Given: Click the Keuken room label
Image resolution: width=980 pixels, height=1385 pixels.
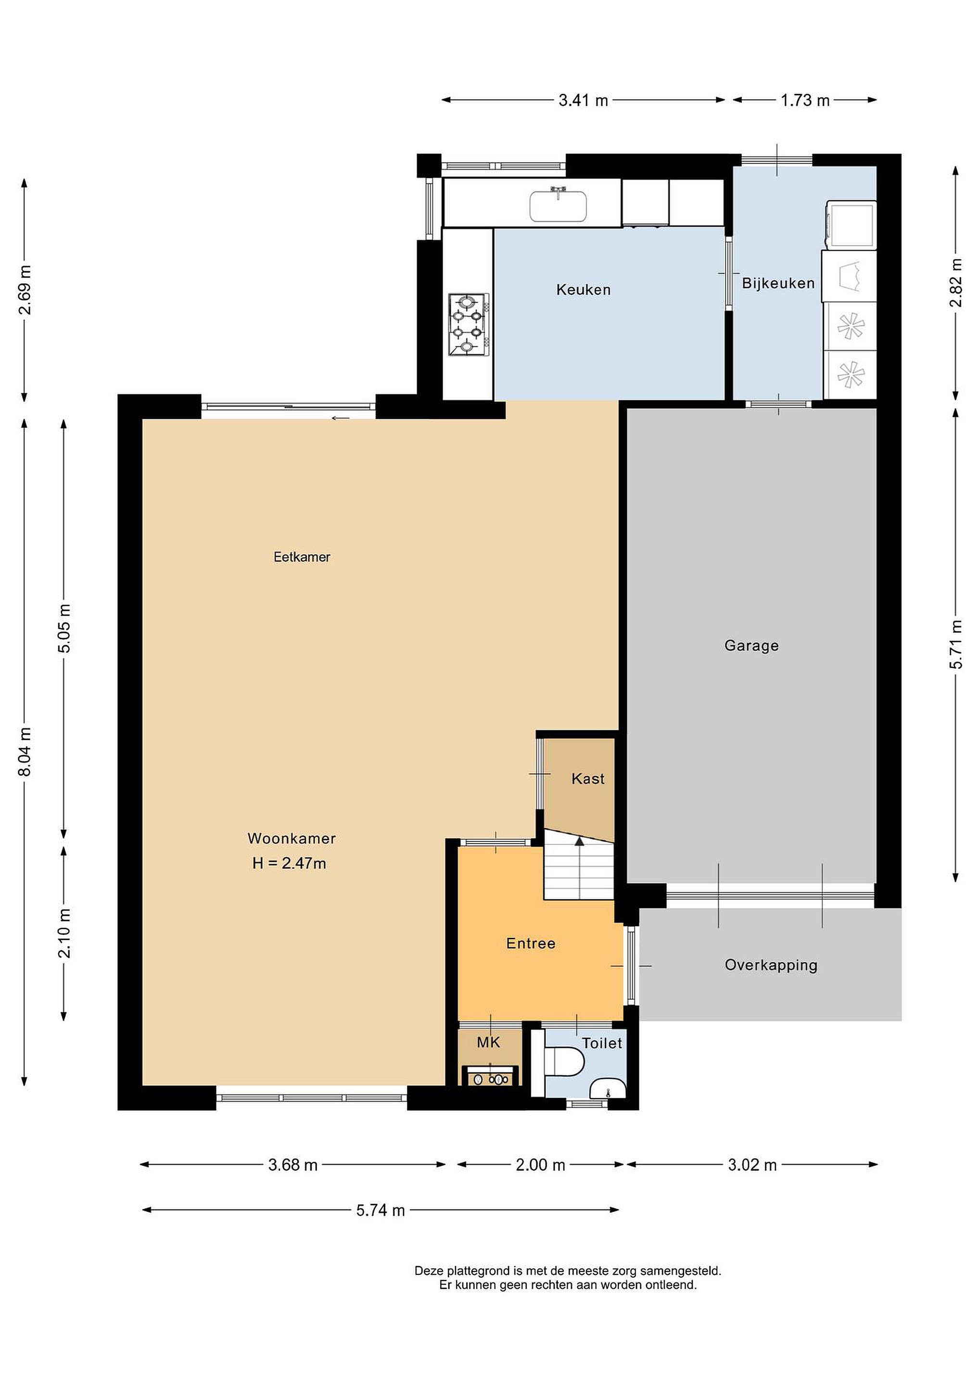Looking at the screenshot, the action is pos(583,290).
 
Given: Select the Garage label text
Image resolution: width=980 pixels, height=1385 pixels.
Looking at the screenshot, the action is pos(751,645).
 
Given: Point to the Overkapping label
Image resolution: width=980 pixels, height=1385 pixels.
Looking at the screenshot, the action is pos(771,965).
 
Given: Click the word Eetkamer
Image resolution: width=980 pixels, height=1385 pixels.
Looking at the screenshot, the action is pos(302,557).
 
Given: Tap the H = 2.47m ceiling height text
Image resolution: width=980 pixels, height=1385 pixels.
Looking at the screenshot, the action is pos(289,863).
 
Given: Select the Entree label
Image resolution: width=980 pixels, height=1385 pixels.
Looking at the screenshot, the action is pos(531,944).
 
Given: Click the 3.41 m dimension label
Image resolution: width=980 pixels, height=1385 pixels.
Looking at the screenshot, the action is pos(583,100).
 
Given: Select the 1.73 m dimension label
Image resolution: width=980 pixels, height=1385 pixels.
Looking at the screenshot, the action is pos(805,100).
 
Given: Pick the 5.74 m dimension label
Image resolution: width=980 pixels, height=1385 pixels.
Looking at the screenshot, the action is pos(380,1210).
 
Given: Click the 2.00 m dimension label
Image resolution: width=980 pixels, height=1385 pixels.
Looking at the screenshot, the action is pos(540,1165).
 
